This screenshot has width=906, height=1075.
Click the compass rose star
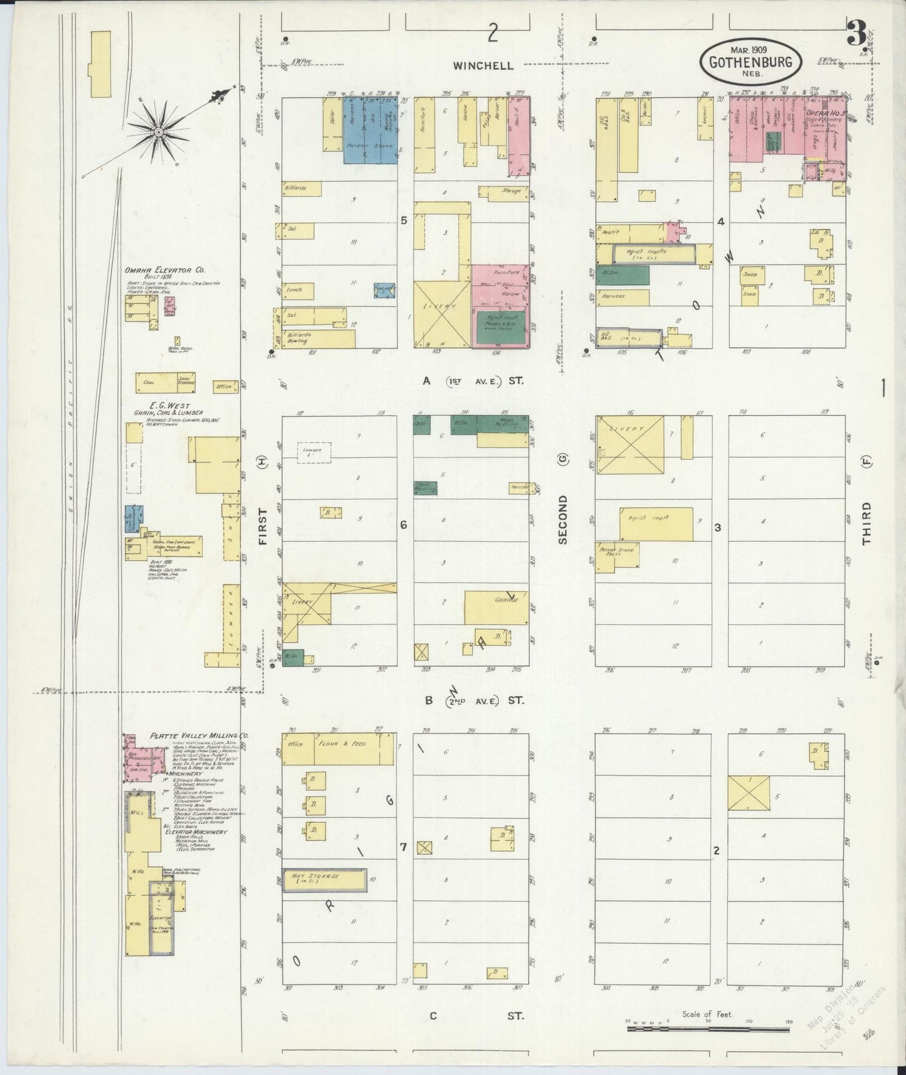coord(159,132)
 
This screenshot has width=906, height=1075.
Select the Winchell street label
coord(484,65)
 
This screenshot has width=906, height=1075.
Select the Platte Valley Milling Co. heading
coord(199,736)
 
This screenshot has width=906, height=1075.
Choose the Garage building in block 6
coord(496,607)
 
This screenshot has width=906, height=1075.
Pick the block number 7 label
coord(403,847)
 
